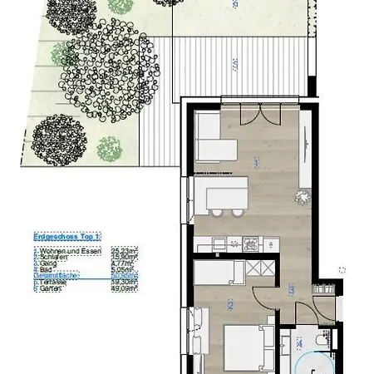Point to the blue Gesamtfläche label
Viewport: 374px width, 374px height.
coord(52,276)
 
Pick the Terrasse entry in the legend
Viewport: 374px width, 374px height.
coord(48,283)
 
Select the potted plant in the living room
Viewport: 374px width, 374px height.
coord(303,197)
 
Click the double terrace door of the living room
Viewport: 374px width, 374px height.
coord(244,113)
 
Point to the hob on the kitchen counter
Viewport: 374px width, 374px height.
coord(249,244)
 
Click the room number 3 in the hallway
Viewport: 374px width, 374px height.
coord(291,291)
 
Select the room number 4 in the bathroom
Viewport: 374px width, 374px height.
coord(299,342)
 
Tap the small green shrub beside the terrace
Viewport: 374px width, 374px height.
coord(109,149)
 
